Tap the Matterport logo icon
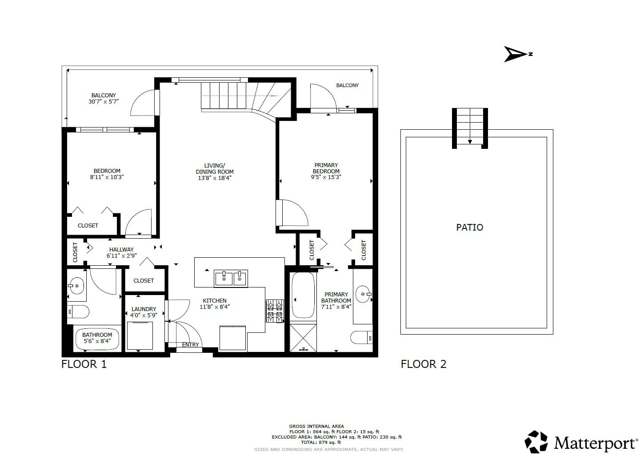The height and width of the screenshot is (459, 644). click(x=536, y=442)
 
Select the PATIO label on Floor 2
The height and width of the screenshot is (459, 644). click(x=469, y=228)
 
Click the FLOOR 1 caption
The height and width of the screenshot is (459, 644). click(x=84, y=364)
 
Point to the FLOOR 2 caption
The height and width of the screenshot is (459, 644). click(x=424, y=364)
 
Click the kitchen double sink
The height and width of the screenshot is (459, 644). click(x=231, y=278)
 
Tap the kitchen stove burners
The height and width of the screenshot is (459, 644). click(x=275, y=311)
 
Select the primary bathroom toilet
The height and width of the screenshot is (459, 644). click(x=362, y=337)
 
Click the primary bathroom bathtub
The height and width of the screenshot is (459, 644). click(x=303, y=295)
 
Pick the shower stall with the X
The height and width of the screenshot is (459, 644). click(x=303, y=338)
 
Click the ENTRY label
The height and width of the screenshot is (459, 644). click(x=190, y=345)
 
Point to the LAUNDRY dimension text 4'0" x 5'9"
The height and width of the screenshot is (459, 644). click(x=144, y=315)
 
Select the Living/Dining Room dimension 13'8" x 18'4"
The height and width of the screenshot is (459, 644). click(x=215, y=178)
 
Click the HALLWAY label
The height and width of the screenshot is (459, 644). click(x=121, y=249)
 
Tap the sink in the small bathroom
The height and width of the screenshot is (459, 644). click(x=76, y=286)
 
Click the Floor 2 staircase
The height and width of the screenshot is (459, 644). click(x=470, y=128)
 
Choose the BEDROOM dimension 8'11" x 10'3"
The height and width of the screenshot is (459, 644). click(x=107, y=177)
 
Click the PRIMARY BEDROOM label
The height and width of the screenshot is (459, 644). click(x=326, y=168)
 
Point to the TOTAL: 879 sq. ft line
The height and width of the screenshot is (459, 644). click(x=321, y=442)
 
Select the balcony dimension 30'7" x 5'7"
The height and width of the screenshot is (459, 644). click(x=104, y=101)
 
